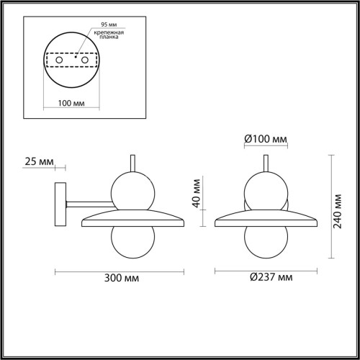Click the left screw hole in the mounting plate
pos(55,61)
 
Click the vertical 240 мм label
pos(336,204)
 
